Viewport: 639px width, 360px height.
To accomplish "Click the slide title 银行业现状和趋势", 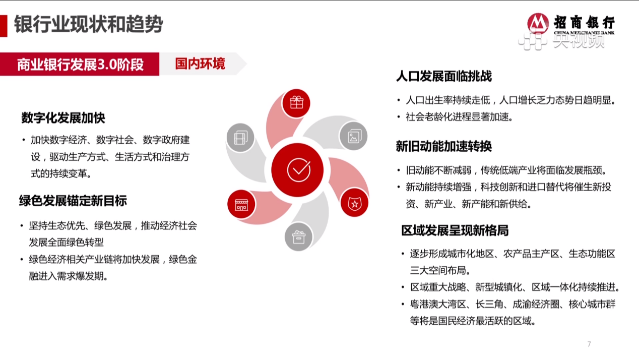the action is coord(89,24).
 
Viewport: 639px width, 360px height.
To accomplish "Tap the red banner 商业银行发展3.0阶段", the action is coord(80,64).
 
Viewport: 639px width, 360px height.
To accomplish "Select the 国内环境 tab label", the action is coord(200,64).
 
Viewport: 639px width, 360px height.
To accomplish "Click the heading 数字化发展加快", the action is coord(63,118).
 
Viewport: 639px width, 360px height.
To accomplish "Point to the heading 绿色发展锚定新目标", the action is coord(73,201).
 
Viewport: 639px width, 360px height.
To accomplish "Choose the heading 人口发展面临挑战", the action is coord(444,76).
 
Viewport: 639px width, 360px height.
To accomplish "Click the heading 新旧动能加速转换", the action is coord(444,146).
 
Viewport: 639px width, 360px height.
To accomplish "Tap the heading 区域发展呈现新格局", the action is coord(455,230).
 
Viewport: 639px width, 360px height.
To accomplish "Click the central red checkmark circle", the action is coord(297,170).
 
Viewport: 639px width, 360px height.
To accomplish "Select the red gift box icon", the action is coord(296,103).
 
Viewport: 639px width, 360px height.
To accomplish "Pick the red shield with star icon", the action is coord(355,203).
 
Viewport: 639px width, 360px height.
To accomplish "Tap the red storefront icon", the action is coord(241,204).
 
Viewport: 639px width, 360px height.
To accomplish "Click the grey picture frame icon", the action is coord(353,136).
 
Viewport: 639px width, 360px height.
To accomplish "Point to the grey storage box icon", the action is coord(299,237).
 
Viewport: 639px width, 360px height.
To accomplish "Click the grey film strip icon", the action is coord(240,138).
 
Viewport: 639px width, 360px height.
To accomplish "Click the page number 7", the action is coord(589,344).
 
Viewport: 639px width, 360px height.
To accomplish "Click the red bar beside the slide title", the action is coord(4,26).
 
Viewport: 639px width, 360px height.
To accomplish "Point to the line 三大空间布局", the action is coord(440,270).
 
